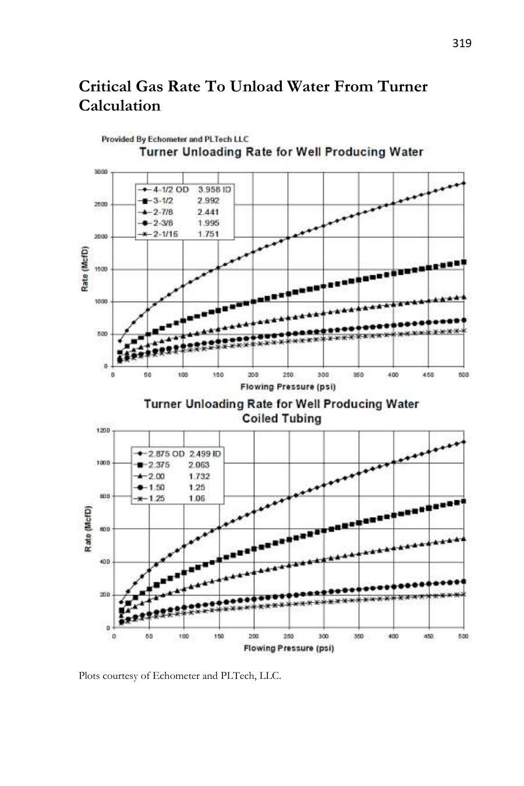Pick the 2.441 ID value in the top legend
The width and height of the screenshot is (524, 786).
208,211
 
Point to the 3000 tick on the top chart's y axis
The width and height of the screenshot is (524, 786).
101,172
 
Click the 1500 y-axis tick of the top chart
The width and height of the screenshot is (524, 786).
101,269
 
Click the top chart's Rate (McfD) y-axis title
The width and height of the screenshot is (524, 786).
85,269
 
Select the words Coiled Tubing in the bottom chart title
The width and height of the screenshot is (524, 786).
281,419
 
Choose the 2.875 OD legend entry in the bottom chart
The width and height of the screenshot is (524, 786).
167,454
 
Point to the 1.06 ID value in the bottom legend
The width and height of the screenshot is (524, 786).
197,499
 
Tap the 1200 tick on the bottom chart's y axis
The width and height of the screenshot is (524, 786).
103,430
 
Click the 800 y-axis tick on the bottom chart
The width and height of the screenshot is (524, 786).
105,496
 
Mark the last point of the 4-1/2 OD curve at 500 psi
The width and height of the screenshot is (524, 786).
463,183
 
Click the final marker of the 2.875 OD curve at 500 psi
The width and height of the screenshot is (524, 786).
463,442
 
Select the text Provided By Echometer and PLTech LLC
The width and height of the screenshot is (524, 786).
175,139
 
